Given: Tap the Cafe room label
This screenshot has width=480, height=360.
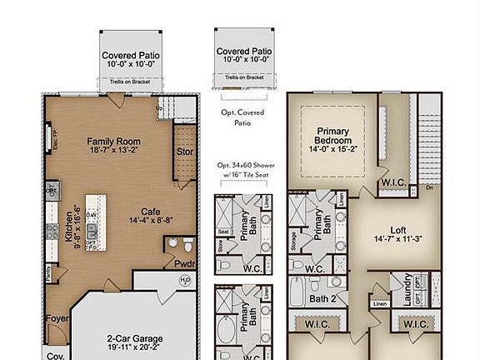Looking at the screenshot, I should [x=151, y=211].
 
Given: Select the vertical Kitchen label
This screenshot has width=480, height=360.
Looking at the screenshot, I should [x=70, y=223].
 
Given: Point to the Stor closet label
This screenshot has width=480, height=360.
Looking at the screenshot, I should [x=185, y=152].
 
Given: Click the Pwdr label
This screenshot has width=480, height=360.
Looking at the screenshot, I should [x=184, y=262].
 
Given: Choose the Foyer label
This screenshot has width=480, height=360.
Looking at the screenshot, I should [x=56, y=317].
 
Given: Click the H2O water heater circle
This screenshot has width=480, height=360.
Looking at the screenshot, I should [x=185, y=280].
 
